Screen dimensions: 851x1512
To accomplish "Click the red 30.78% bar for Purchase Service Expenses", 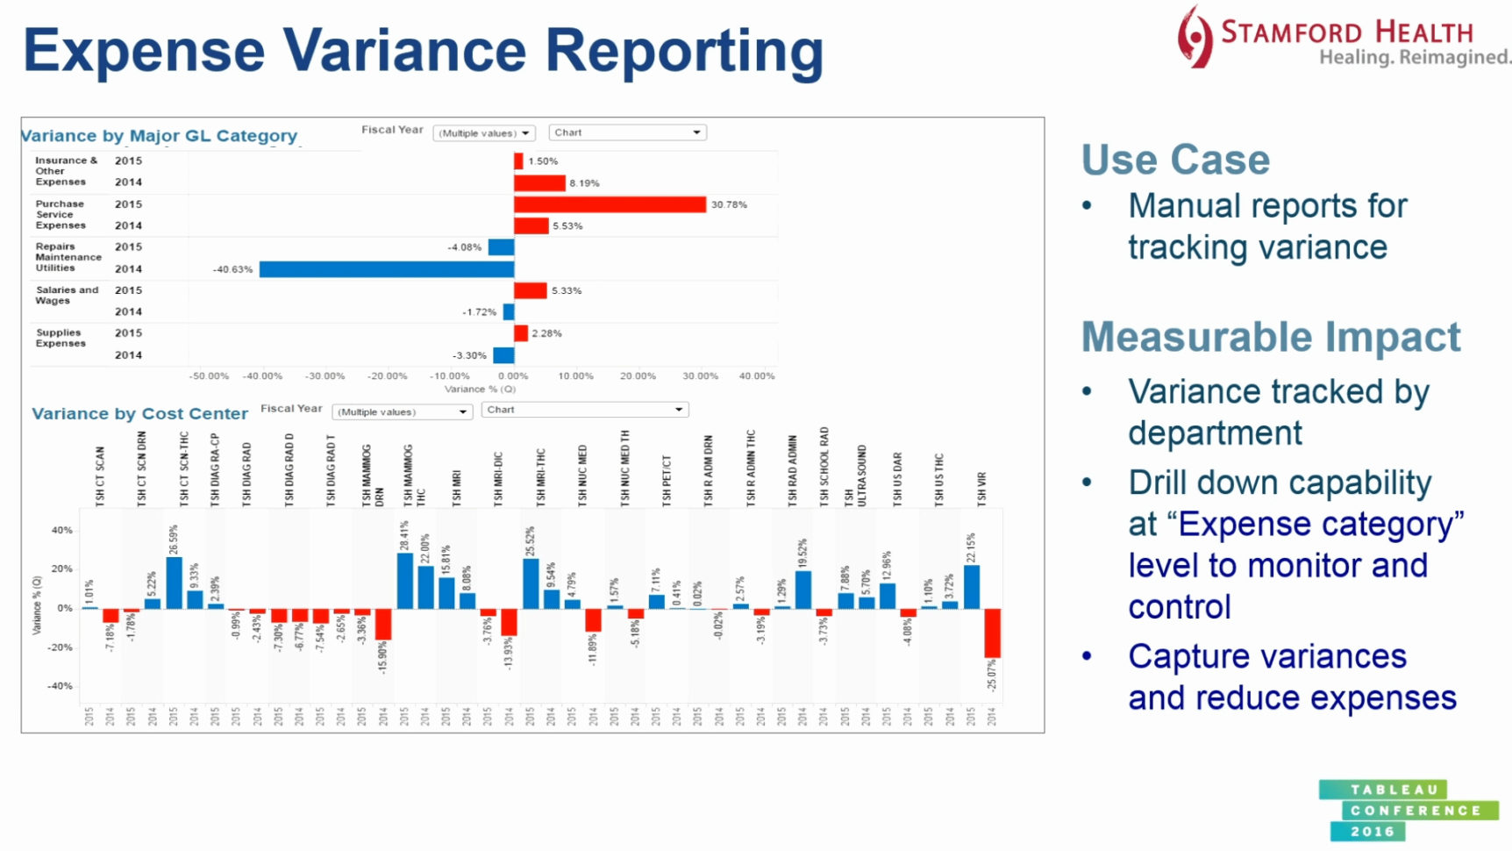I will point(610,204).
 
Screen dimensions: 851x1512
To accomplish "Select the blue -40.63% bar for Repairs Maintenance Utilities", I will point(386,269).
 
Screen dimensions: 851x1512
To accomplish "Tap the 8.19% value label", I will point(584,183).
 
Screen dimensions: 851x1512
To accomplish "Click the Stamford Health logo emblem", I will point(1195,37).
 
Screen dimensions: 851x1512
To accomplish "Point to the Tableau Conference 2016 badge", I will point(1407,811).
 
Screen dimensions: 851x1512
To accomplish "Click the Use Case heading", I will point(1175,161).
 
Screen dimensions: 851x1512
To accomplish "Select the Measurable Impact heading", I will point(1271,338).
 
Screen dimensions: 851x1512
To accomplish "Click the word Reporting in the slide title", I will point(684,51).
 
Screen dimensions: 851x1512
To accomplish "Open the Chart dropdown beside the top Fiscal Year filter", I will point(628,132).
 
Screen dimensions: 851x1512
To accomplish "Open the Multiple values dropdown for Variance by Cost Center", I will point(403,411).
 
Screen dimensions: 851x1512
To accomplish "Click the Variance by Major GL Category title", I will point(159,136).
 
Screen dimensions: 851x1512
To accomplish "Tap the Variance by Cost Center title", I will point(140,414).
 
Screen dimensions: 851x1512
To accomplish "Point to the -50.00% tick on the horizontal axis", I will point(209,376).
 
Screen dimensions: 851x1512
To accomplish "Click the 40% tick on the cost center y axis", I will point(61,531).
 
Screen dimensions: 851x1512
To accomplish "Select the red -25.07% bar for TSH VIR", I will point(992,633).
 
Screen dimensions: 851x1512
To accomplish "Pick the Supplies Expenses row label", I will point(60,338).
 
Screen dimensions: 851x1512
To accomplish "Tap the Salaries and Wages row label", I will point(67,295).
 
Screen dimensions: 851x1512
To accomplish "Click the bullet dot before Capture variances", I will point(1087,656).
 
